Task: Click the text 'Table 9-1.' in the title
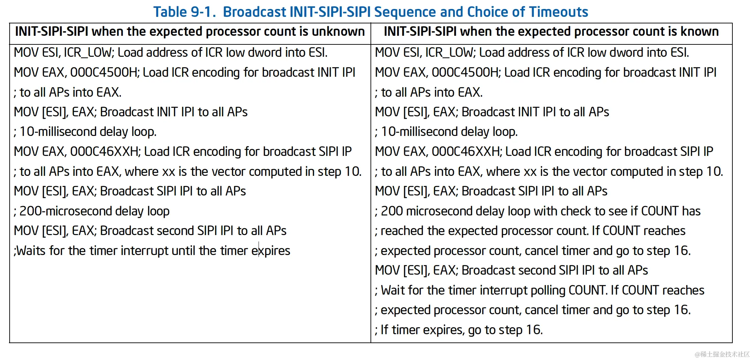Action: [x=185, y=12]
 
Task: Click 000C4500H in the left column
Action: [x=105, y=73]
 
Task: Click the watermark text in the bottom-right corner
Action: [x=722, y=354]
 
